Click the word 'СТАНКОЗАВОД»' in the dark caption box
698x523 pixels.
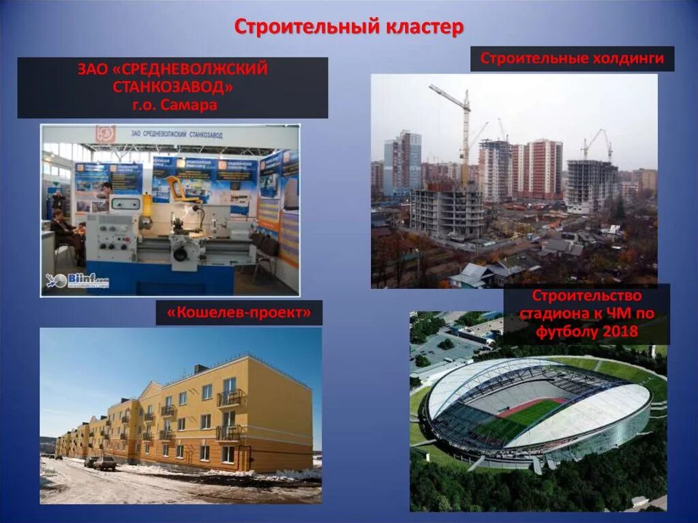[x=172, y=87]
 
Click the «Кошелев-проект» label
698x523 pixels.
[x=239, y=313]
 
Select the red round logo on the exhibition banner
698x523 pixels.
[x=105, y=134]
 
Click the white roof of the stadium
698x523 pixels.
[x=579, y=416]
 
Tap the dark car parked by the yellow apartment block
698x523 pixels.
[x=104, y=463]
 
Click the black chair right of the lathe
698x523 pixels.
[x=265, y=252]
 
